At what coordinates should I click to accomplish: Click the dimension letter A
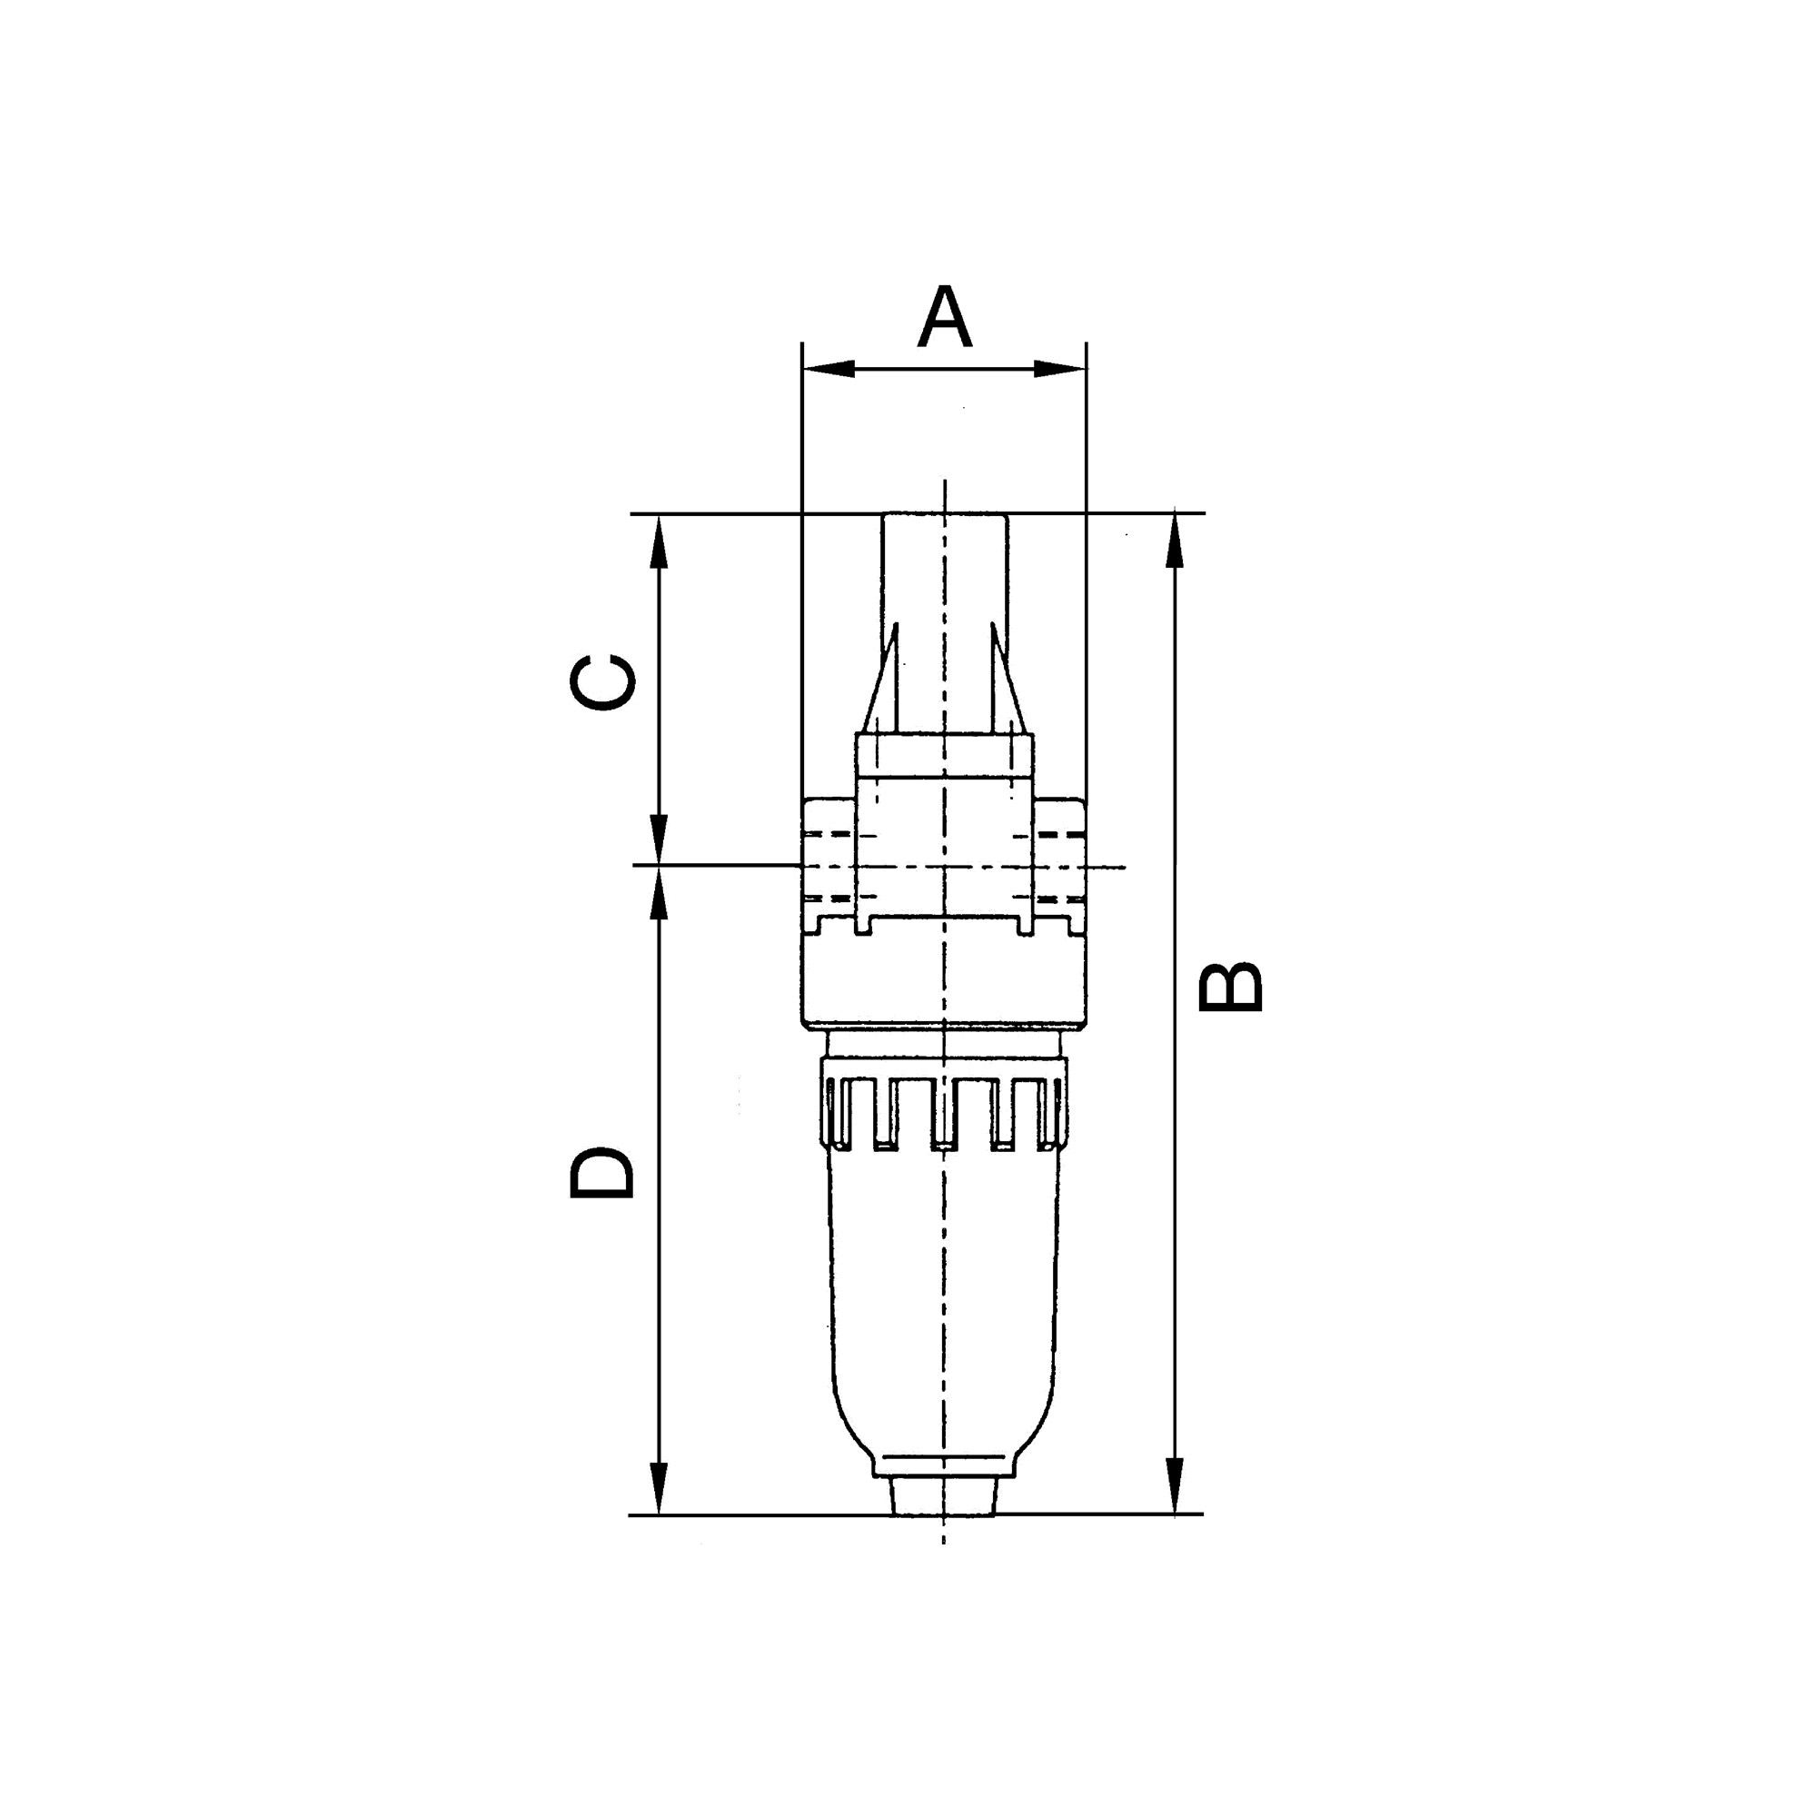944,317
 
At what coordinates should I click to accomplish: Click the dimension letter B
1229,987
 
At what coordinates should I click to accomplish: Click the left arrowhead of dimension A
828,369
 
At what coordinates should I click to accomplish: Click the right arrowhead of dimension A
1061,369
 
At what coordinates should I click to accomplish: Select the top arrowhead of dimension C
660,543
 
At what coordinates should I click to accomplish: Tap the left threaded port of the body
829,865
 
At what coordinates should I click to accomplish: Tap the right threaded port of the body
1060,865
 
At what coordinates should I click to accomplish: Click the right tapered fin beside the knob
1007,682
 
